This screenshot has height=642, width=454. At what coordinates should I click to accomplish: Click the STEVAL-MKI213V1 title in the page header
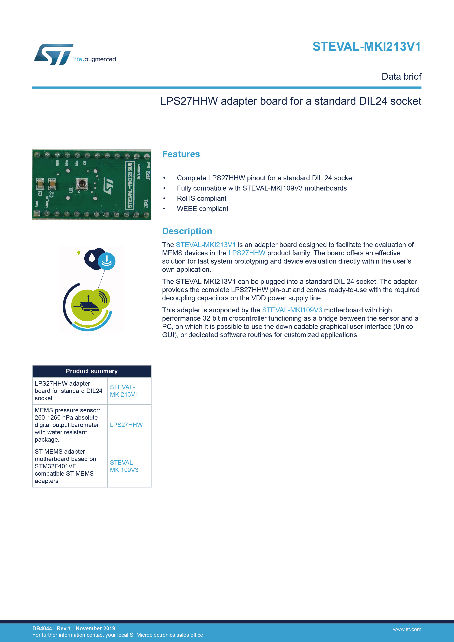[x=367, y=47]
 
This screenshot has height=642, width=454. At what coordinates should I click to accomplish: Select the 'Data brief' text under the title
[x=401, y=76]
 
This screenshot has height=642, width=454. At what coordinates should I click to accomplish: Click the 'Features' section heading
[x=181, y=154]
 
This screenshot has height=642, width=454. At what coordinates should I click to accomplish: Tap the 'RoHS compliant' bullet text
[x=201, y=199]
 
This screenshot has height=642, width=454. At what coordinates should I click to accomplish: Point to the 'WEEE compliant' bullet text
[x=203, y=209]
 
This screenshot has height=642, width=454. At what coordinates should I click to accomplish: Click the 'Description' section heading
[x=187, y=231]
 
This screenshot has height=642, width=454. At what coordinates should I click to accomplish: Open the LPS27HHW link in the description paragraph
[x=247, y=253]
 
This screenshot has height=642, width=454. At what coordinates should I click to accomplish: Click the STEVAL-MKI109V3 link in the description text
[x=292, y=310]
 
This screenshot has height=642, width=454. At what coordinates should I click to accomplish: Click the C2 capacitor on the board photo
[x=52, y=184]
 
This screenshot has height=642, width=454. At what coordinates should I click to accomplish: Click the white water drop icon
[x=92, y=257]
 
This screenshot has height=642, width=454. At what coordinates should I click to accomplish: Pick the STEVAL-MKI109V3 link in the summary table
[x=124, y=466]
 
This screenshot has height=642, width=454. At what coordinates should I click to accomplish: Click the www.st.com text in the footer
[x=407, y=629]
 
